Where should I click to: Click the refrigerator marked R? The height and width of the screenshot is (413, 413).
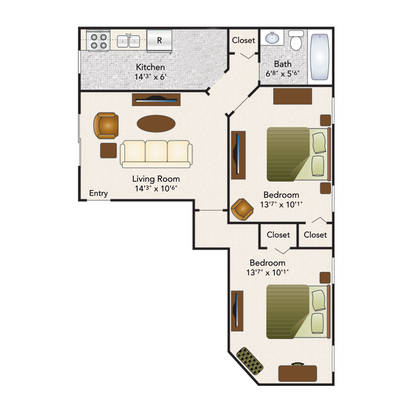[x=159, y=40]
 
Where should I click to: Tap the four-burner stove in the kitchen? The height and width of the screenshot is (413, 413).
[x=99, y=40]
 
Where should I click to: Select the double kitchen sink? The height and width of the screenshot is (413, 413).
[x=128, y=41]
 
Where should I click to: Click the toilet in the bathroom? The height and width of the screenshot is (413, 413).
[x=296, y=40]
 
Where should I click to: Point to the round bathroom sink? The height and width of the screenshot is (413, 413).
[x=273, y=38]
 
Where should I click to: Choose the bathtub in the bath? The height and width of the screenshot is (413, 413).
[x=320, y=57]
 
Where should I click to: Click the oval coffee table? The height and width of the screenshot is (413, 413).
[x=156, y=123]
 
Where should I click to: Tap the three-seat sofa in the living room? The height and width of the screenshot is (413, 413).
[x=156, y=154]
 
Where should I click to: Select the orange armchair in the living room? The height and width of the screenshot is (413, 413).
[x=106, y=126]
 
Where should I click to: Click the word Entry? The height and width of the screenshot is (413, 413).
[x=99, y=194]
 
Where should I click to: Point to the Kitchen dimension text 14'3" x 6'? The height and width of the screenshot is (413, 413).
[x=150, y=77]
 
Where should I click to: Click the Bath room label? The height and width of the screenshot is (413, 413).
[x=283, y=64]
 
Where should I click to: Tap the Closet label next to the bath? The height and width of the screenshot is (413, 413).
[x=243, y=40]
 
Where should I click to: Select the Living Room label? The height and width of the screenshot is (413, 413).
[x=156, y=179]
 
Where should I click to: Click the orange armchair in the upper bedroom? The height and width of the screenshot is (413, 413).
[x=242, y=209]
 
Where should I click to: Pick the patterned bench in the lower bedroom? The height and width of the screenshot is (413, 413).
[x=250, y=361]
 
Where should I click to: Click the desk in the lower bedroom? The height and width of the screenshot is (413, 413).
[x=297, y=373]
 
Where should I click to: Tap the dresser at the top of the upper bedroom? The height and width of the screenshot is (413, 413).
[x=293, y=96]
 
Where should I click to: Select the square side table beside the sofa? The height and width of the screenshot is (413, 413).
[x=109, y=150]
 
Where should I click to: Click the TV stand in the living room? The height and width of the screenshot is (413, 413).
[x=156, y=100]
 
